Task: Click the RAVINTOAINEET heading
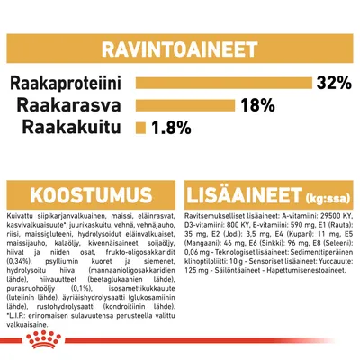coord(180,49)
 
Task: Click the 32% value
coord(333,84)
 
